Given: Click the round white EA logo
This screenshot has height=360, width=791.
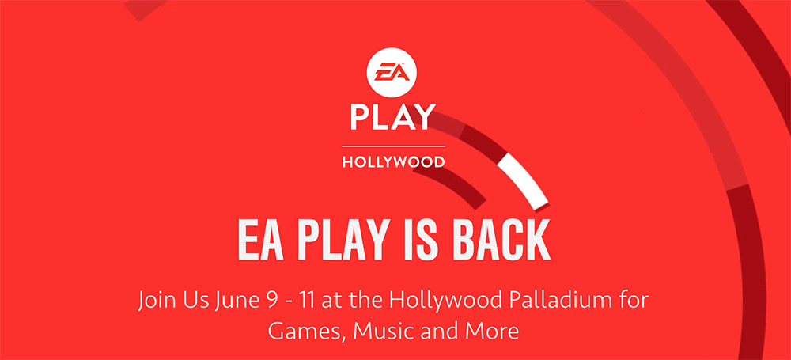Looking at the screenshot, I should (x=393, y=74).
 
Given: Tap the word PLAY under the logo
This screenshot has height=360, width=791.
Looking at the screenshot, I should (x=393, y=117).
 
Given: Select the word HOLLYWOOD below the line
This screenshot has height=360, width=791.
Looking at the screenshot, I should (x=393, y=162).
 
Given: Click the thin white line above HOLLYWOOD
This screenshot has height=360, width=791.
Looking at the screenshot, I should (x=393, y=146).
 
